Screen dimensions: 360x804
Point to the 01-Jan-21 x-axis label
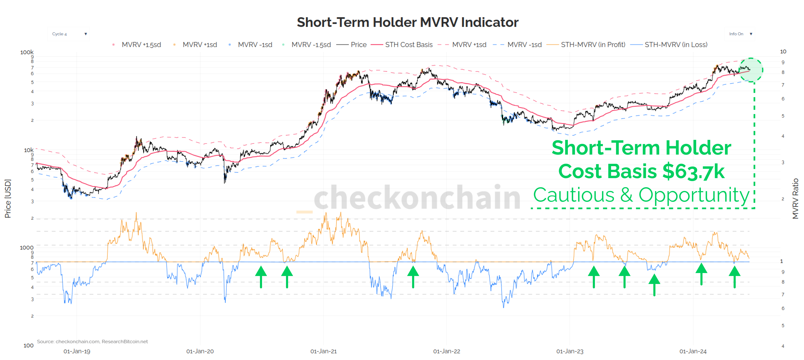(x=323, y=351)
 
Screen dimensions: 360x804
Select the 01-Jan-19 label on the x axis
(x=77, y=351)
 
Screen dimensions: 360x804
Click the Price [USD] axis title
(x=8, y=198)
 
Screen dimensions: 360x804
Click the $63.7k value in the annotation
(x=693, y=172)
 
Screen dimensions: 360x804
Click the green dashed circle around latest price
(x=751, y=70)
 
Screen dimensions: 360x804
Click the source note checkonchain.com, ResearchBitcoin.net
(x=92, y=342)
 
